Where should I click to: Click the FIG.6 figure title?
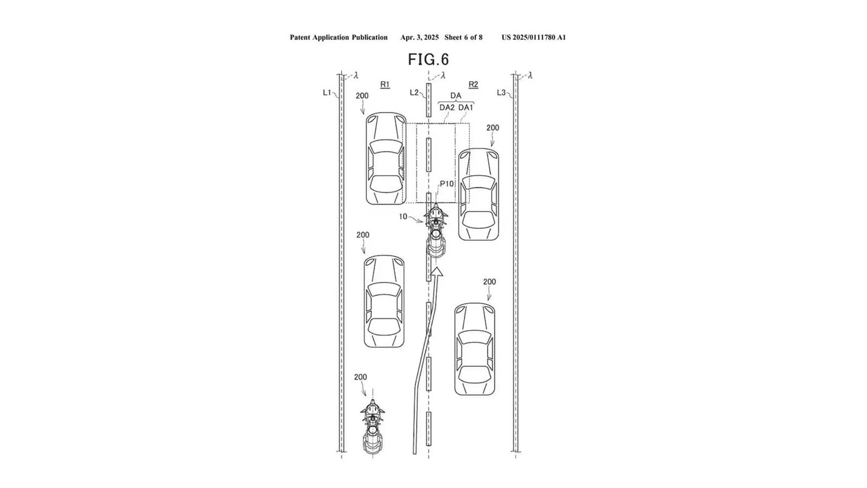tap(428, 59)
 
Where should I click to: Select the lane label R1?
tap(385, 84)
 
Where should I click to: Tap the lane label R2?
tap(473, 84)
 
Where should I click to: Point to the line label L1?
tap(327, 93)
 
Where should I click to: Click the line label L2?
tap(414, 93)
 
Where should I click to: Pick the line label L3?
tap(501, 93)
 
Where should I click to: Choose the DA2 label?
tap(447, 107)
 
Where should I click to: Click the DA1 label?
tap(465, 107)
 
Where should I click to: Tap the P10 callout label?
tap(447, 184)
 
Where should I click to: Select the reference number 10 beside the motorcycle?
tap(403, 216)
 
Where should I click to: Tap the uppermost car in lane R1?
tap(386, 158)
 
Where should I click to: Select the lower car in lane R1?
tap(384, 301)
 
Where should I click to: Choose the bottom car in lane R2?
tap(475, 349)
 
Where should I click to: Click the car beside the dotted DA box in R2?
tap(478, 194)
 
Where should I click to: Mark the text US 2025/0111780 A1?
tap(533, 37)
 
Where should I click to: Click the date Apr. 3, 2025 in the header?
tap(419, 37)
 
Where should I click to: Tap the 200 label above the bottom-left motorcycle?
tap(360, 377)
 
